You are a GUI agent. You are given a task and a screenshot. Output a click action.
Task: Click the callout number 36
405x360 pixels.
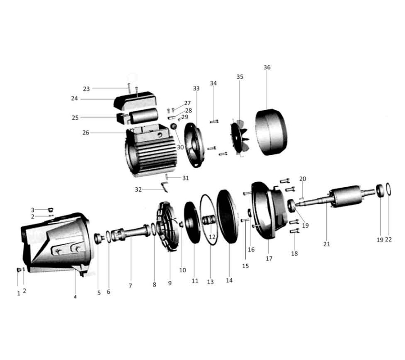pyautogui.click(x=267, y=67)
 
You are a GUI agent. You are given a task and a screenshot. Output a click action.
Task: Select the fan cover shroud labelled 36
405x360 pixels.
pyautogui.click(x=271, y=132)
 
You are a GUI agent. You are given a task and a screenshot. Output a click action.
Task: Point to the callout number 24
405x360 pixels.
pyautogui.click(x=74, y=99)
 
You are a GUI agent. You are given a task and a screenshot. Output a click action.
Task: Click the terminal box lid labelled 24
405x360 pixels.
pyautogui.click(x=135, y=100)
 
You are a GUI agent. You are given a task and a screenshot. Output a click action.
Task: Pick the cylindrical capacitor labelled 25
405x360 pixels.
pyautogui.click(x=144, y=116)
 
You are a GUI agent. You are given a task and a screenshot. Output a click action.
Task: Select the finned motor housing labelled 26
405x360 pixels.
pyautogui.click(x=151, y=150)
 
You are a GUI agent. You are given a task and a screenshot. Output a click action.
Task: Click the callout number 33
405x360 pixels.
pyautogui.click(x=196, y=89)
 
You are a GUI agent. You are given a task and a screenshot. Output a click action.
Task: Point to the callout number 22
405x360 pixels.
pyautogui.click(x=388, y=240)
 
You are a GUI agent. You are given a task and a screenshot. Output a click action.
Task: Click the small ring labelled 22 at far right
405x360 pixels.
pyautogui.click(x=388, y=189)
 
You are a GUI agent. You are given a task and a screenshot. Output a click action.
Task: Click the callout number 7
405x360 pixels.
pyautogui.click(x=130, y=286)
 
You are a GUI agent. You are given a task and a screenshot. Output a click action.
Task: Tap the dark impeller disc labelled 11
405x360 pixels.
pyautogui.click(x=192, y=223)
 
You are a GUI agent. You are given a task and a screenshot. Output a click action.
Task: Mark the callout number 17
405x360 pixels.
pyautogui.click(x=269, y=258)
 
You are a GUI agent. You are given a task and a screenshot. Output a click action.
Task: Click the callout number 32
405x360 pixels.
pyautogui.click(x=138, y=189)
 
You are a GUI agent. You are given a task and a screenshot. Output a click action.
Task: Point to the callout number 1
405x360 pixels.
pyautogui.click(x=18, y=294)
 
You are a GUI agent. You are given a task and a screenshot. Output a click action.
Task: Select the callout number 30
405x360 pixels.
pyautogui.click(x=180, y=147)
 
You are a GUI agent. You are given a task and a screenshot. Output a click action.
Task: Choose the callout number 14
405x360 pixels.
pyautogui.click(x=229, y=280)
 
